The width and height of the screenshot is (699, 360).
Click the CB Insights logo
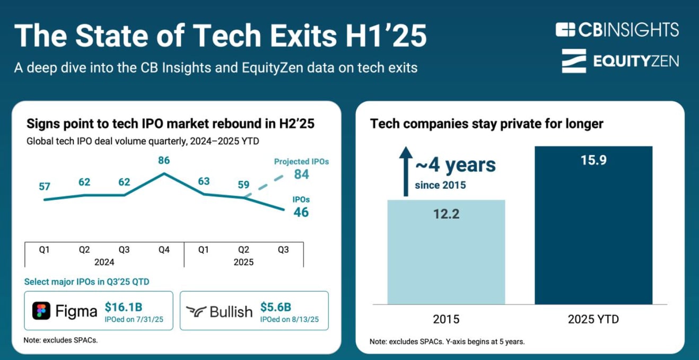[x=617, y=30]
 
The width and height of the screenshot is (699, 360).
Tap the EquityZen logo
[x=620, y=61]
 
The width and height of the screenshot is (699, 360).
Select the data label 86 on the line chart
[x=164, y=160]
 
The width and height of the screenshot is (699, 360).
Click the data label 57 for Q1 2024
[x=45, y=187]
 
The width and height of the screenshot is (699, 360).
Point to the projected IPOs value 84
[x=301, y=174]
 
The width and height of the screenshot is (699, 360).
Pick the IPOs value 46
[x=301, y=213]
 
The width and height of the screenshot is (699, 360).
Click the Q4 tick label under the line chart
[x=164, y=250]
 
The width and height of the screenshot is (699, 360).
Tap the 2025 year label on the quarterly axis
[x=243, y=262]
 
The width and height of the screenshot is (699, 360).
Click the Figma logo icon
[x=41, y=311]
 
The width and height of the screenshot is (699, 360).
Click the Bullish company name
[x=231, y=312]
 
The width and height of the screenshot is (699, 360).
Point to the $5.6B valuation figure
[x=276, y=307]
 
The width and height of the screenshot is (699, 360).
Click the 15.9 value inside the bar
[x=593, y=160]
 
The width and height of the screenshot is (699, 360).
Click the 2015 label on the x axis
[x=446, y=319]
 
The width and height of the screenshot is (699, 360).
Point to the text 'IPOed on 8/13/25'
[x=289, y=319]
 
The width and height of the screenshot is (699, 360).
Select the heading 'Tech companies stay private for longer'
[x=486, y=124]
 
